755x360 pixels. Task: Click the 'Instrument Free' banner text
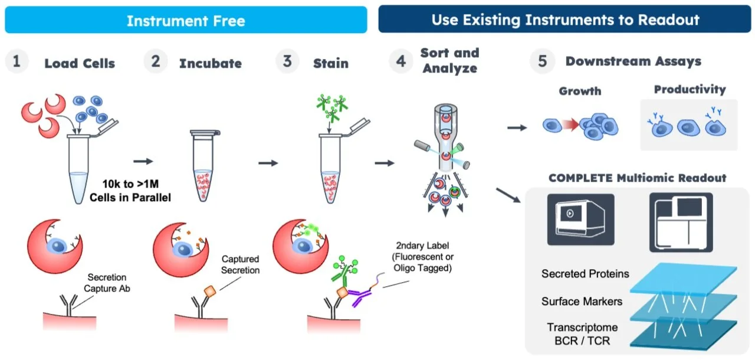(x=186, y=21)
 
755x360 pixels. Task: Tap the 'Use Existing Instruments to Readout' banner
(x=565, y=20)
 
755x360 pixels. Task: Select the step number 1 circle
(x=17, y=61)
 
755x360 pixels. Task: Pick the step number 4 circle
(x=401, y=61)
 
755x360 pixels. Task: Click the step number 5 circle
(x=542, y=61)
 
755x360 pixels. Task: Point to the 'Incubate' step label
(x=211, y=63)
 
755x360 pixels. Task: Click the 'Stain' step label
(x=331, y=63)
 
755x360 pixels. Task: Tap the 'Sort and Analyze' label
(x=449, y=61)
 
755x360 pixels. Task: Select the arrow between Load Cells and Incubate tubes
(x=143, y=161)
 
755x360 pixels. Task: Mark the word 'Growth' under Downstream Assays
(x=580, y=91)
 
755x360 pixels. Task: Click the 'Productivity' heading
(x=690, y=90)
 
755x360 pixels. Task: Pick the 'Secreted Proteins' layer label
(x=585, y=274)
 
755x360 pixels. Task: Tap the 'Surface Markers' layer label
(x=582, y=302)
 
